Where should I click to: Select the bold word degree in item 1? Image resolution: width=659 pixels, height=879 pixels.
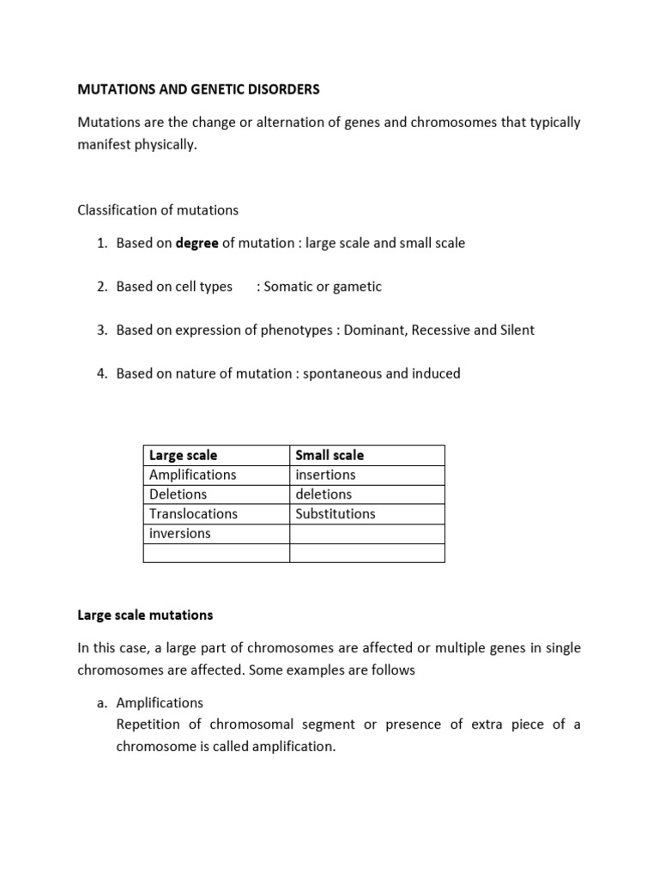coord(196,243)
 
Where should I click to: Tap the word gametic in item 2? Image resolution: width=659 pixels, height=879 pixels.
coord(358,287)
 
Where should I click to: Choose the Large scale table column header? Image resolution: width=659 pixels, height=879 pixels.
coord(184,455)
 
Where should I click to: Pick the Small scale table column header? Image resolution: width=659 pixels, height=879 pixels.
coord(329,455)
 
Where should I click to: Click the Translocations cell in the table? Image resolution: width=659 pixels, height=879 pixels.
coord(193,513)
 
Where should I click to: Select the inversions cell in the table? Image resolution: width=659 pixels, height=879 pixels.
coord(179,533)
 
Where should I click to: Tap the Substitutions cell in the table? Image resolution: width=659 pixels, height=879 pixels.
coord(336,513)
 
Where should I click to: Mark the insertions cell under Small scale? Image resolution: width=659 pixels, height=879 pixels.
coord(325,475)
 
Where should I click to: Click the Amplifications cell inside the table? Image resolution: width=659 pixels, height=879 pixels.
coord(192,475)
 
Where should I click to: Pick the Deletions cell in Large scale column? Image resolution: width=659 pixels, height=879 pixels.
coord(178,494)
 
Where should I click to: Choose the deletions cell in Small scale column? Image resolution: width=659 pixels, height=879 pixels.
coord(323,494)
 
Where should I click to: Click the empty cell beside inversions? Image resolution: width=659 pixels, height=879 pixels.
coord(366,533)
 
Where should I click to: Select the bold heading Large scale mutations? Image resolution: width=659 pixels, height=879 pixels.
coord(145,615)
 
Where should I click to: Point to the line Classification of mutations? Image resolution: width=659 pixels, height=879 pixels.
coord(158,209)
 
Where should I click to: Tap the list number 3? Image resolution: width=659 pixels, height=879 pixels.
coord(101,330)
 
